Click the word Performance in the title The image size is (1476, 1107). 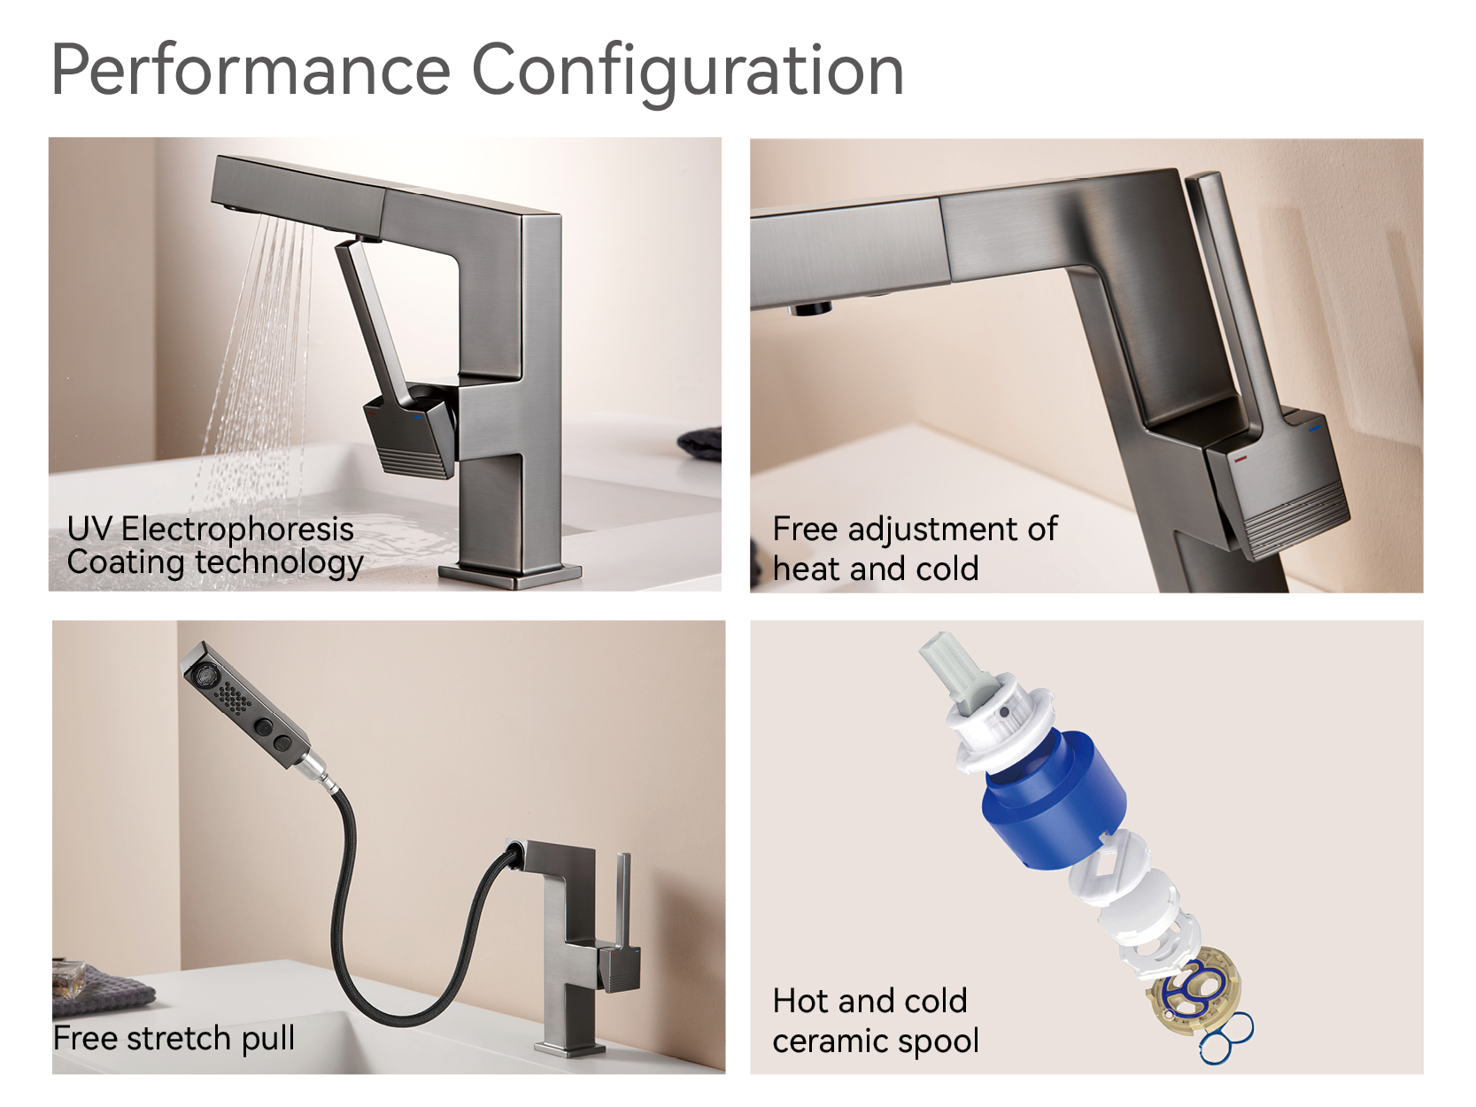pos(251,71)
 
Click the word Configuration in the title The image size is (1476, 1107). pos(687,71)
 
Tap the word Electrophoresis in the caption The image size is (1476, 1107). pos(236,529)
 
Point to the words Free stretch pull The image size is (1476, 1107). pos(174,1038)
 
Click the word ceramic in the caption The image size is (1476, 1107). pos(828,1041)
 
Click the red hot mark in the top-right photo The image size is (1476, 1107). pos(1240,460)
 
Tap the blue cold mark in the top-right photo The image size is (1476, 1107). pos(1315,429)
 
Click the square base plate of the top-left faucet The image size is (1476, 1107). pos(514,576)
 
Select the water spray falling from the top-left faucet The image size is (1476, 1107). pos(257,354)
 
